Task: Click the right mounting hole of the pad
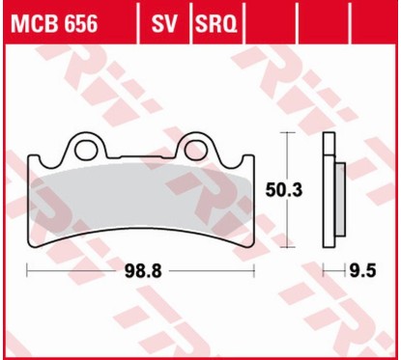point(200,149)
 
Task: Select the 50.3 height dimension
point(292,191)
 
